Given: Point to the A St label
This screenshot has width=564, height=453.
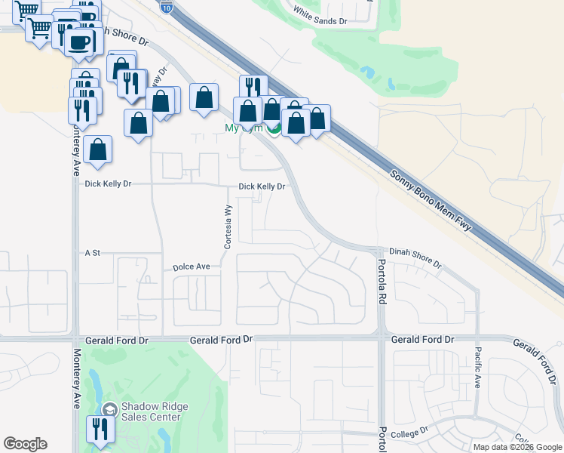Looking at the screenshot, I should click(x=93, y=253).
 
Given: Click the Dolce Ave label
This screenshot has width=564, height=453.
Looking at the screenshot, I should click(x=192, y=267).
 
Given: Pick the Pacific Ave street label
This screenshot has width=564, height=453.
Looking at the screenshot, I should click(x=477, y=366).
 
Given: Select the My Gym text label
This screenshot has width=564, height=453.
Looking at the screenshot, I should click(x=244, y=128).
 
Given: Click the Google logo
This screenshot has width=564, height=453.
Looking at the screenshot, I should click(x=25, y=444).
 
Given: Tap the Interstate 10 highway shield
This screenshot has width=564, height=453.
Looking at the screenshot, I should click(x=168, y=8).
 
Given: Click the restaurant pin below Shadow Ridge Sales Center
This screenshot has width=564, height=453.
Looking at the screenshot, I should click(x=99, y=430).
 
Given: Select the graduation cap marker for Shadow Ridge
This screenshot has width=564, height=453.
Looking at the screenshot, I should click(x=109, y=409).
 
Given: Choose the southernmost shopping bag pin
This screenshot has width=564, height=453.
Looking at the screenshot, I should click(x=98, y=149).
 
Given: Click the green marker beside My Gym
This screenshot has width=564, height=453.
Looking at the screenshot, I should click(x=275, y=129).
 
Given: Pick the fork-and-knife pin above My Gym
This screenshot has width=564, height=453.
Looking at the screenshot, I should click(x=253, y=87).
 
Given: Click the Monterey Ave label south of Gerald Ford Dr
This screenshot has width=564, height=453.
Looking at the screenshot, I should click(x=76, y=378).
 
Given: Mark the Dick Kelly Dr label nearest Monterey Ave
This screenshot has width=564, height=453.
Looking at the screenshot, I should click(x=108, y=183).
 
